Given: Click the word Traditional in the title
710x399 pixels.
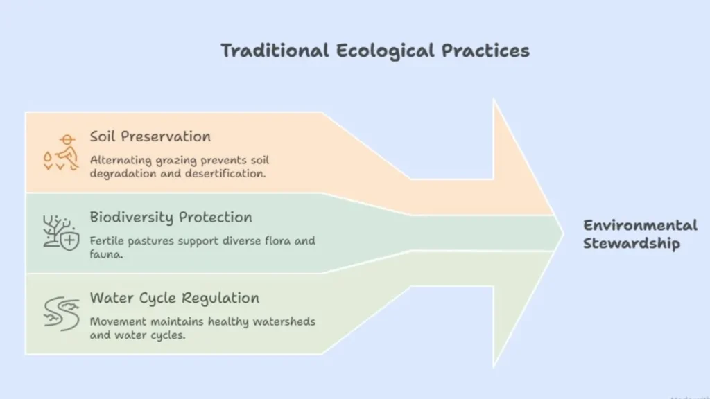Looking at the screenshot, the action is point(275,50).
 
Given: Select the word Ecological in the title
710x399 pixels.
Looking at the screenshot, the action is point(386,51).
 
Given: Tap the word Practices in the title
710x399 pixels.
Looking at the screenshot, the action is point(485,50).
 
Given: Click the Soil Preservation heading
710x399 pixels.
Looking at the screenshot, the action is point(150,136).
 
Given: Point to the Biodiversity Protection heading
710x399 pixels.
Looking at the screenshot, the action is point(171,217).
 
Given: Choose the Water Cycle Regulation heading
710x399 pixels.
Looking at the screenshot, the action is point(174,298).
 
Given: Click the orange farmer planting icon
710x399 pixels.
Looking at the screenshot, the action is point(61,152).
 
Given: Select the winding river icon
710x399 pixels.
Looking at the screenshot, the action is point(62,314).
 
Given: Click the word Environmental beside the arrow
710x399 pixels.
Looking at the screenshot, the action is point(640,225).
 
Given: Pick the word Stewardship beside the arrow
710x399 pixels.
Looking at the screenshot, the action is point(632,243).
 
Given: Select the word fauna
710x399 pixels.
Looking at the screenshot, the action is point(106,254).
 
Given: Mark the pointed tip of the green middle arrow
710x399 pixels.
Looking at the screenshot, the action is point(563,233).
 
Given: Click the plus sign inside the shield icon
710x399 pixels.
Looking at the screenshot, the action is point(70,240).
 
